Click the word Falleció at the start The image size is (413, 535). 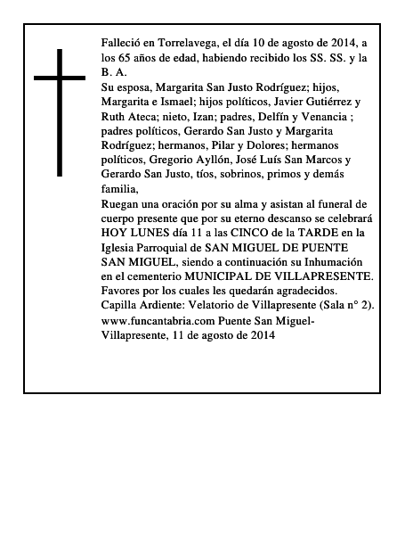(x=124, y=43)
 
